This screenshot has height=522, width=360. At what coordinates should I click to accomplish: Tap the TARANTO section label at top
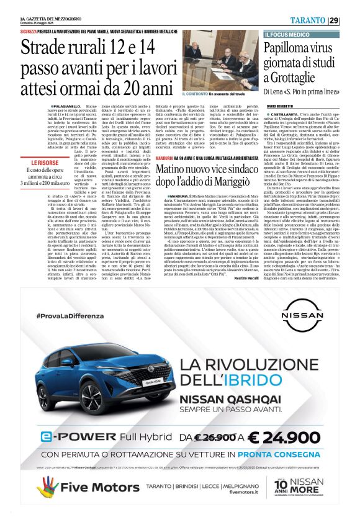[307, 20]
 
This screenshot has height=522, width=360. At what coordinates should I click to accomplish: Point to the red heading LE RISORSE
[45, 162]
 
